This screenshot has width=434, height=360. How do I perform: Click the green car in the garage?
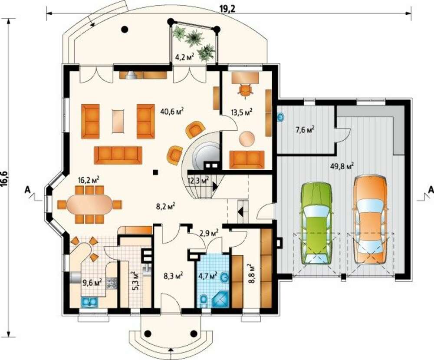pyautogui.click(x=316, y=223)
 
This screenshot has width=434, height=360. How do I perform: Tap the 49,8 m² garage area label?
pyautogui.click(x=342, y=166)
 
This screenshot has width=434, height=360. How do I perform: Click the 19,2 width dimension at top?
pyautogui.click(x=227, y=9)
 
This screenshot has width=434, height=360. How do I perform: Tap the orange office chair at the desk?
pyautogui.click(x=246, y=91)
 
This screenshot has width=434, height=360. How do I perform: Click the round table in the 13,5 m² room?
pyautogui.click(x=247, y=139)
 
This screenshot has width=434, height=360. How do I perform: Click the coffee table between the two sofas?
pyautogui.click(x=118, y=121)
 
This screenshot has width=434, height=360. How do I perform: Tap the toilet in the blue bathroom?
pyautogui.click(x=204, y=301)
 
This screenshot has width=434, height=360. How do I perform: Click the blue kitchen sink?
pyautogui.click(x=89, y=302)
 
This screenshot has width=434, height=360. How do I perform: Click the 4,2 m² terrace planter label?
pyautogui.click(x=184, y=57)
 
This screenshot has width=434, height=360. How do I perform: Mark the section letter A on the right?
pyautogui.click(x=431, y=190)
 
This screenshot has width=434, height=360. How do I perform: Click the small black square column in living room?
pyautogui.click(x=155, y=172)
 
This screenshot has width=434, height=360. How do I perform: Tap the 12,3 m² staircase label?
pyautogui.click(x=198, y=181)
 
